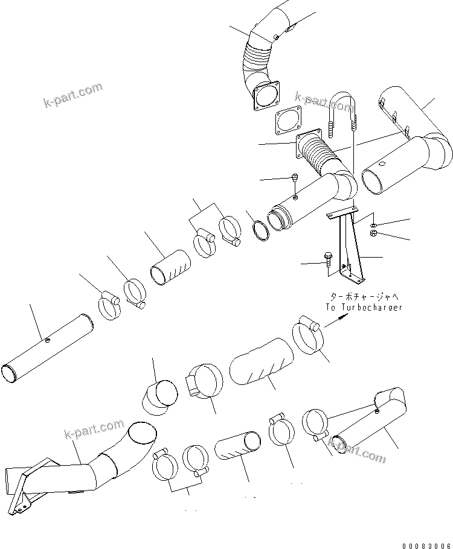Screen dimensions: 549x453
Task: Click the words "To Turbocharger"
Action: point(364,307)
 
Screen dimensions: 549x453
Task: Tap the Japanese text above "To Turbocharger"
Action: point(364,297)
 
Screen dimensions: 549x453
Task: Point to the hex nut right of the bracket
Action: point(373,233)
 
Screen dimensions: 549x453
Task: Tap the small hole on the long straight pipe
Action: point(48,341)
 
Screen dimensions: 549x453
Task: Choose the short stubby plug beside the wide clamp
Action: point(161,397)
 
